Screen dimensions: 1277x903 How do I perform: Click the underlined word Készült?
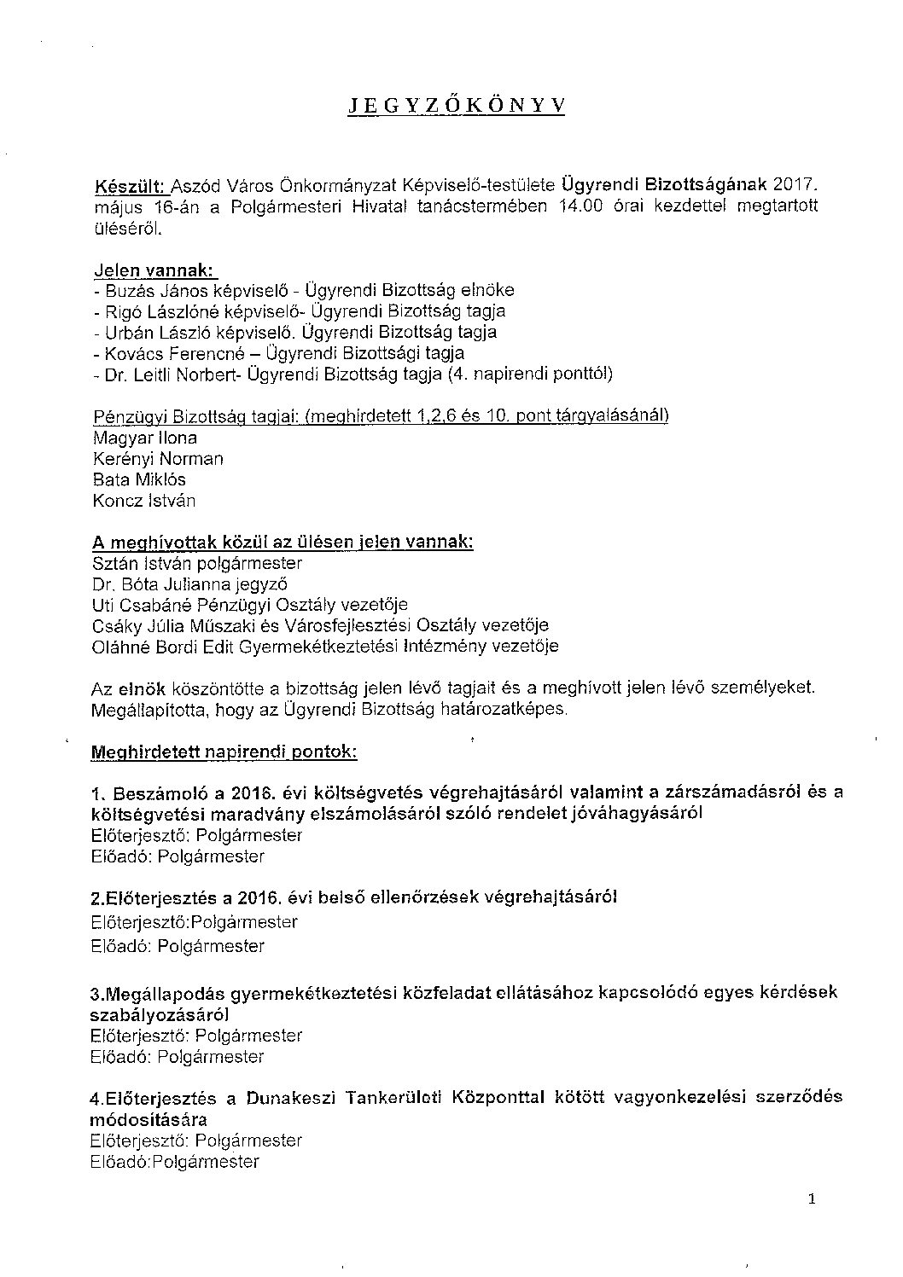coord(131,185)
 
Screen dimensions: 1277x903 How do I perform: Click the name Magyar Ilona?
coord(144,438)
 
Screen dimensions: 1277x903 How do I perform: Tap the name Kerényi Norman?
coord(158,459)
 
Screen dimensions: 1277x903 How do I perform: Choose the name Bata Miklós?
coord(138,479)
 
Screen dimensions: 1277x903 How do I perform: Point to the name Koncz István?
coord(143,501)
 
